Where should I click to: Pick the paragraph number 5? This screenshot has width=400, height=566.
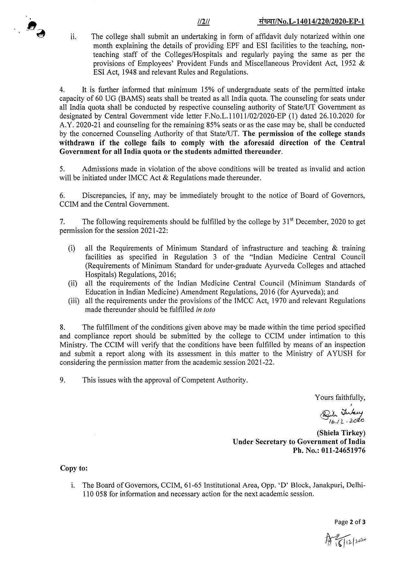[62, 169]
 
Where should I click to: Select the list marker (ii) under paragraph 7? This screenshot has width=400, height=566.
[73, 283]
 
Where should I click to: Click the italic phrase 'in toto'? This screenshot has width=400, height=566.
[206, 309]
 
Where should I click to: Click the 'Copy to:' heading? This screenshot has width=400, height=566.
[74, 468]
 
